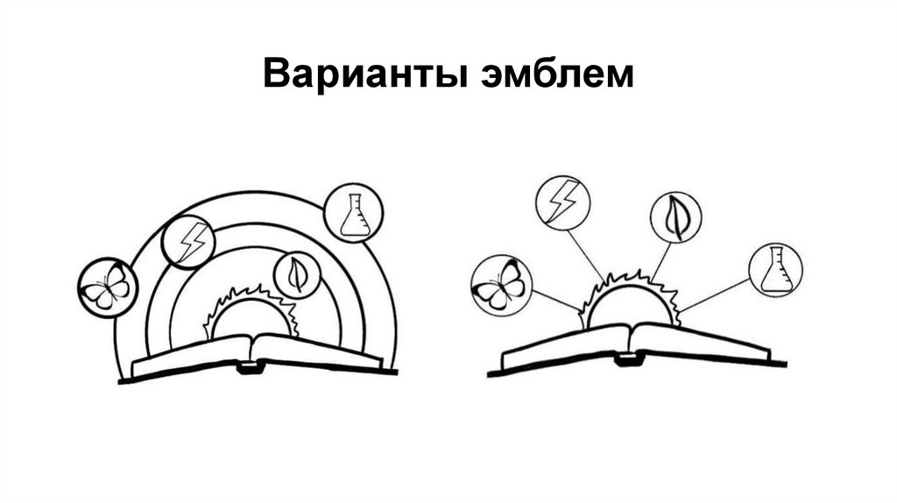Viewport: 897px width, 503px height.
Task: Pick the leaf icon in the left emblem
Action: (297, 275)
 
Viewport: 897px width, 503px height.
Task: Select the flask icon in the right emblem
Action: (776, 270)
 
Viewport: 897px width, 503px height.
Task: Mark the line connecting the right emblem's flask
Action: (714, 294)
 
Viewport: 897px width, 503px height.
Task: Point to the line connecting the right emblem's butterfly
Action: (554, 301)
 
